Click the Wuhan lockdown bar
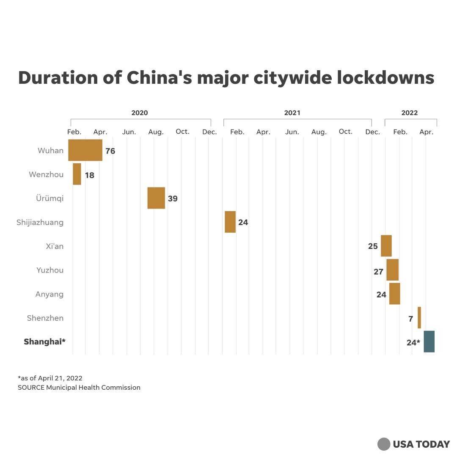(85, 150)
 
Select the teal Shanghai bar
(429, 341)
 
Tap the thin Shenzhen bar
(419, 317)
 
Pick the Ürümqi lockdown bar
(156, 198)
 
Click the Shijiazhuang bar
(230, 222)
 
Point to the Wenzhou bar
(77, 174)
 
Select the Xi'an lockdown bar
(386, 245)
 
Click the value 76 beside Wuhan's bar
(110, 151)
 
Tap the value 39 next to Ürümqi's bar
(173, 198)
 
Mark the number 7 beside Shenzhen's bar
(410, 319)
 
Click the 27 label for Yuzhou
(378, 272)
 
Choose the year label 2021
(292, 113)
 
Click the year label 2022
(409, 113)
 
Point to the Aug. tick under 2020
(156, 132)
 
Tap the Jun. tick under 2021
(292, 132)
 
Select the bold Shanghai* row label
(44, 341)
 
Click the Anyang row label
(50, 294)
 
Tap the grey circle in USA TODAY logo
(384, 444)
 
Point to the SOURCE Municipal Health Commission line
(79, 387)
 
